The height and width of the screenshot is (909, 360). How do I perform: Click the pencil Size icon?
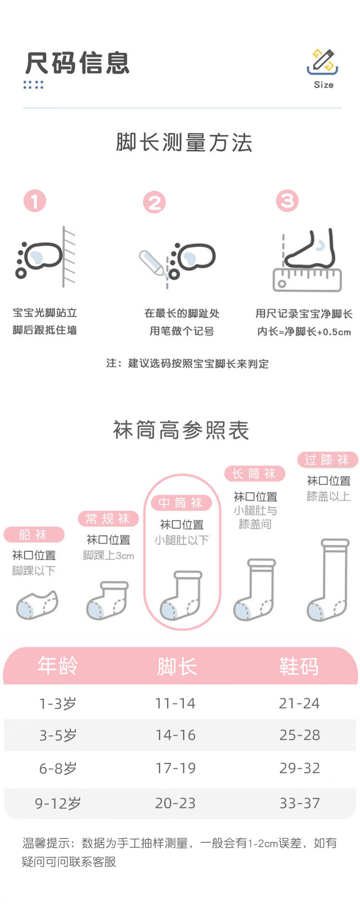(323, 62)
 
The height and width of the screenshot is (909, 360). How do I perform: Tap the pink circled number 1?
(35, 201)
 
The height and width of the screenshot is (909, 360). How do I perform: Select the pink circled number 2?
(154, 203)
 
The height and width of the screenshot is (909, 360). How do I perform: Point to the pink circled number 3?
(287, 201)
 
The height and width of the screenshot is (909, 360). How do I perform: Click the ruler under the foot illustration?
(307, 280)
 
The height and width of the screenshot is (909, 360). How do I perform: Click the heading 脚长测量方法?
(184, 143)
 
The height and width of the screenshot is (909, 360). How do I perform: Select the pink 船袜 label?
(34, 534)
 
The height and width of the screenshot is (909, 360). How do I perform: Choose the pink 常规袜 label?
(108, 518)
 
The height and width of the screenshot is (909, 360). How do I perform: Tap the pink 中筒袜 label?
(181, 502)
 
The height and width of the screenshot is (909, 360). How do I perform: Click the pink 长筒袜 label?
(254, 474)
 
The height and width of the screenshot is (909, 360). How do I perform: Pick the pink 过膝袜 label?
(327, 459)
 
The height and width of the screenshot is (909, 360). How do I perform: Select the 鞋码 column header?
(299, 666)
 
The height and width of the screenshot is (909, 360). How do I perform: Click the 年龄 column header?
(58, 666)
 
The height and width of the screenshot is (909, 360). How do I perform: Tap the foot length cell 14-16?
(175, 735)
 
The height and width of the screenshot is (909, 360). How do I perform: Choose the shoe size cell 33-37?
(300, 802)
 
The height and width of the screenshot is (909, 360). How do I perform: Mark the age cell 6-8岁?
(58, 768)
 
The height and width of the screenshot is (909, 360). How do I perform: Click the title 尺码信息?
(77, 63)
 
